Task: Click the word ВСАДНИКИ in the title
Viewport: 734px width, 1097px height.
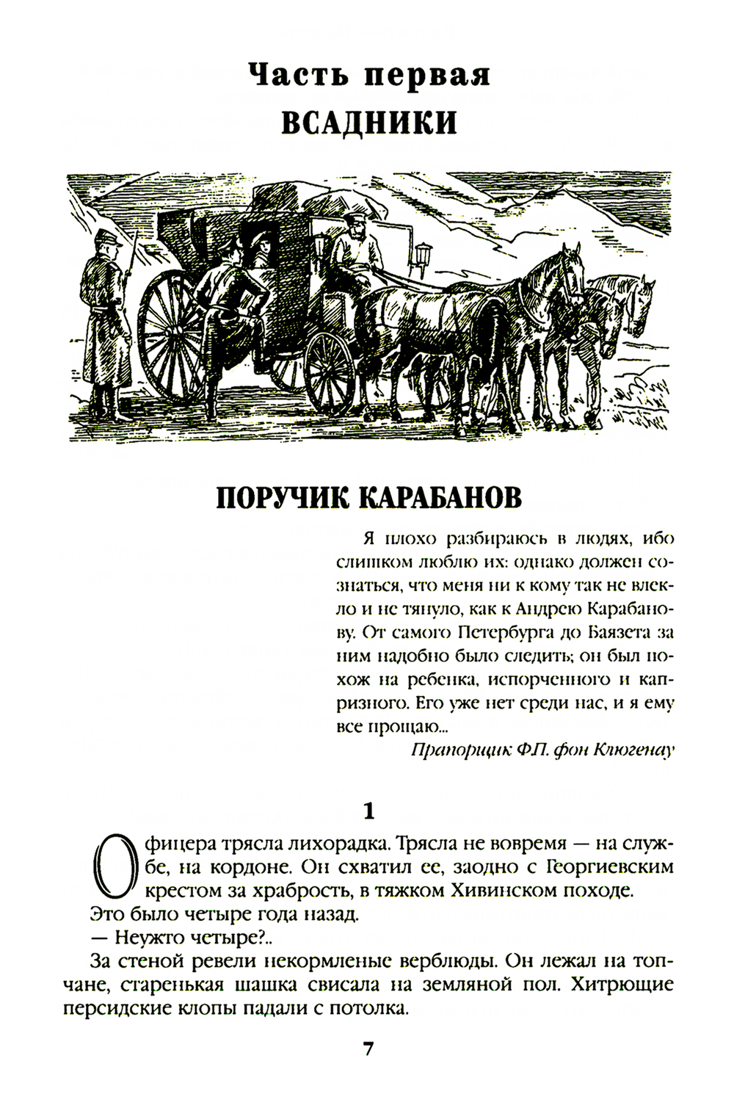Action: pyautogui.click(x=369, y=122)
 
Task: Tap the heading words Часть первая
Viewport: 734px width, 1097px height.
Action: pyautogui.click(x=369, y=76)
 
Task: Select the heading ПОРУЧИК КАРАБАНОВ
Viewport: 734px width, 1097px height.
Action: pyautogui.click(x=369, y=497)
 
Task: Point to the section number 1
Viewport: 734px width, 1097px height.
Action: pyautogui.click(x=369, y=811)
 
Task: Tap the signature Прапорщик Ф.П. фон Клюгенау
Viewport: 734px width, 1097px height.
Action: pyautogui.click(x=542, y=750)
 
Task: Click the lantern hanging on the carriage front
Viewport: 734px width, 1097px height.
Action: pyautogui.click(x=423, y=256)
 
